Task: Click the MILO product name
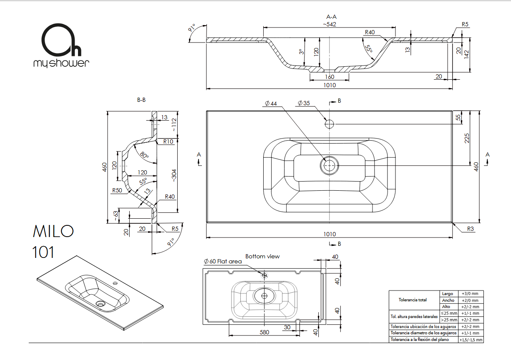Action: [x=53, y=231]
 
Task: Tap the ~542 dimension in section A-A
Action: [x=330, y=24]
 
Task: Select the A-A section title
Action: [x=332, y=17]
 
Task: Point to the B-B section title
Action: [x=141, y=100]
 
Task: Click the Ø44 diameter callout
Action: [x=271, y=104]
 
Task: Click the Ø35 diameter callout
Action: [x=304, y=103]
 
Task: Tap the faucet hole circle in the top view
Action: [x=329, y=124]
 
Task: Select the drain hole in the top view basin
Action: [x=329, y=165]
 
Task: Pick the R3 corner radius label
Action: [x=471, y=229]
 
